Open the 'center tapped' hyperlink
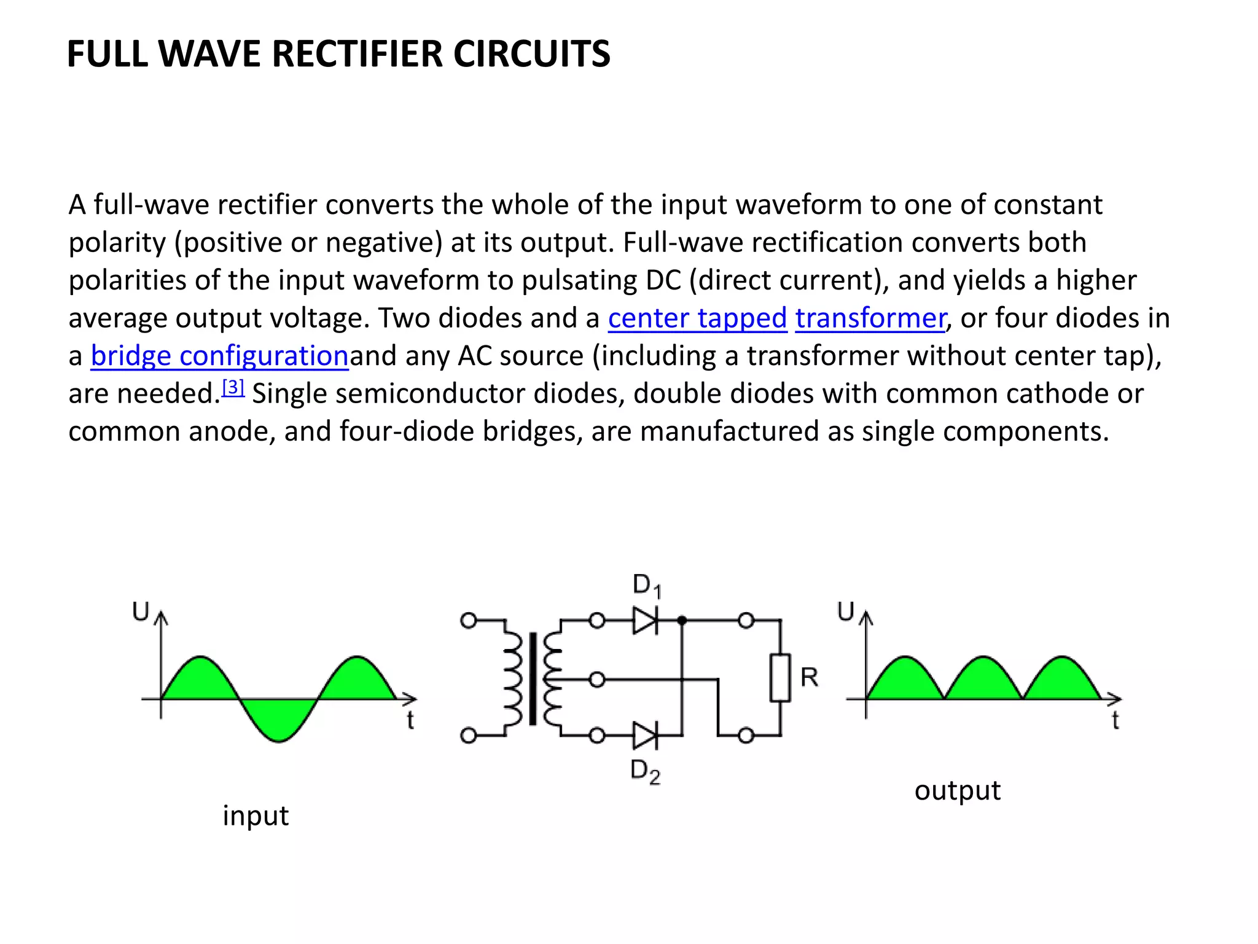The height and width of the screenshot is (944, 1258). point(697,318)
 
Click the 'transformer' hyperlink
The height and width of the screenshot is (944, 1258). point(870,318)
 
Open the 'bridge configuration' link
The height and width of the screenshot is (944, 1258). point(219,356)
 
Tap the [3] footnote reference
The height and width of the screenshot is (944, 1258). point(233,387)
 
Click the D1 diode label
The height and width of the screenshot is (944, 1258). point(646,585)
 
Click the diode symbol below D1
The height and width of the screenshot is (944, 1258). point(645,621)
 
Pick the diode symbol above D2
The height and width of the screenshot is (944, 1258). point(645,735)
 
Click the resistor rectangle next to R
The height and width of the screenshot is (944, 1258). point(780,678)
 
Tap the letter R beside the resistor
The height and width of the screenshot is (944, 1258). point(809,677)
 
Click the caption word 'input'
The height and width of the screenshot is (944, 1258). point(255,816)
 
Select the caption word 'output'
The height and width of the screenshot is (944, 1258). point(957,790)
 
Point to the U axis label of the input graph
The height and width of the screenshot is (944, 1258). point(141,612)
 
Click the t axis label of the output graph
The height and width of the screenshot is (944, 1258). point(1115,720)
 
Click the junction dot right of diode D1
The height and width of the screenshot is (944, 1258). point(682,621)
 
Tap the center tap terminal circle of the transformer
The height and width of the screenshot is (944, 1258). point(596,679)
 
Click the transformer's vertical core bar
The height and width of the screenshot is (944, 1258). point(532,678)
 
